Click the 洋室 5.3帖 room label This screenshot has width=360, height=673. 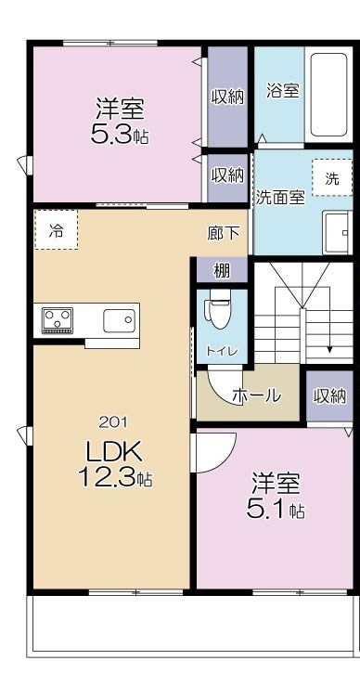pos(118,120)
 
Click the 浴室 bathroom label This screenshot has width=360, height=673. pos(282,91)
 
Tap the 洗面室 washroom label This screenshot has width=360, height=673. pos(280,196)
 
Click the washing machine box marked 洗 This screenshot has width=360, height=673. pos(331,178)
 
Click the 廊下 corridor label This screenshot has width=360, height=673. pos(223,235)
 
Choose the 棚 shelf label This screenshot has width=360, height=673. pos(222,270)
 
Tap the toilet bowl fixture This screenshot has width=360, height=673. pos(219,310)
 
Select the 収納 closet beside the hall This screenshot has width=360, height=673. pos(329,395)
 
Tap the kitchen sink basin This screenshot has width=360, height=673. pos(119,321)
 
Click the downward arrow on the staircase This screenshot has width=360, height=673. pos(328,346)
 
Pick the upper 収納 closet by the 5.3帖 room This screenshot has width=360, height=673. pos(227,96)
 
